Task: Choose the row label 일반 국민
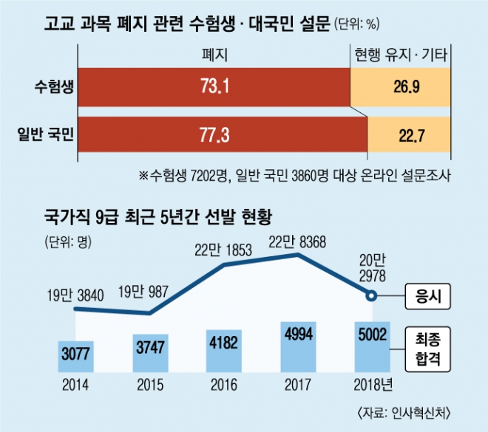(x=42, y=134)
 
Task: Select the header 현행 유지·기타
(x=401, y=55)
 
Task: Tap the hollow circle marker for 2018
(x=372, y=296)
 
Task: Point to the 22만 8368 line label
(x=298, y=241)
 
